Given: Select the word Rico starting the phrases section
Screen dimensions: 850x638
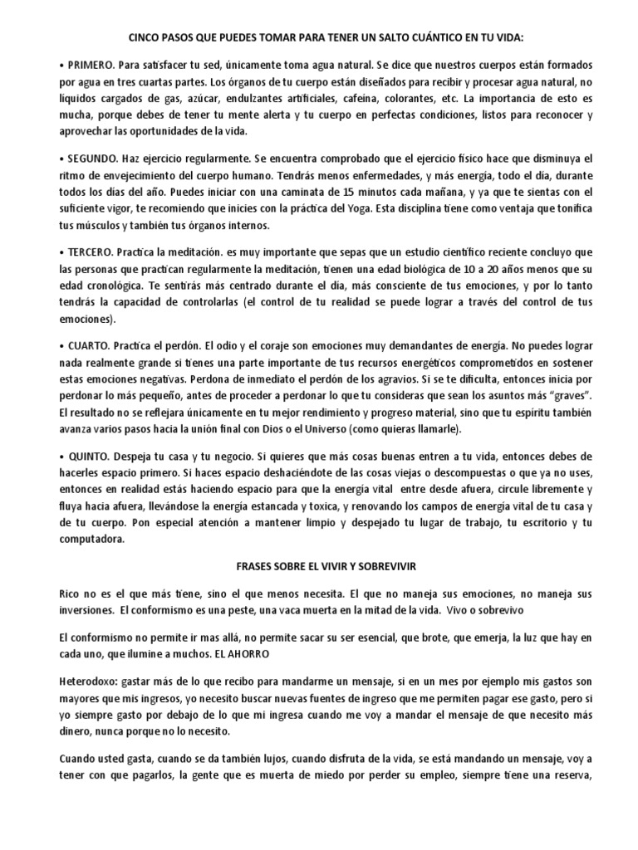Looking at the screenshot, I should [50, 594].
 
